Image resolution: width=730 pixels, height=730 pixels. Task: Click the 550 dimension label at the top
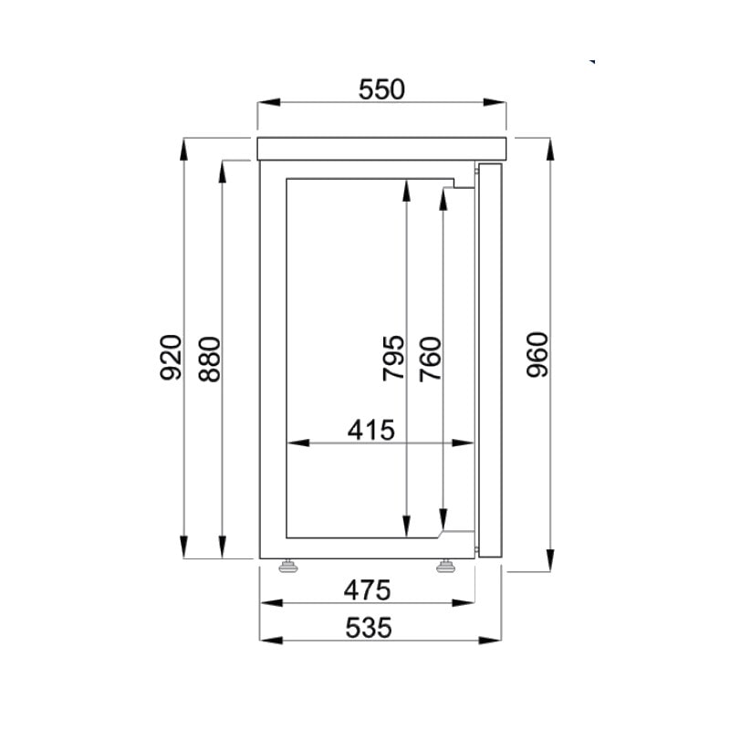[381, 89]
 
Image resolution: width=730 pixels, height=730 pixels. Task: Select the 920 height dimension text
[171, 357]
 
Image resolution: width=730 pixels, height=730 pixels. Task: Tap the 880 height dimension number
[210, 359]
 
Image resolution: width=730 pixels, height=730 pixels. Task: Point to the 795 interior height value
[393, 358]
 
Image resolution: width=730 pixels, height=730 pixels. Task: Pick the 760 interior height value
[430, 359]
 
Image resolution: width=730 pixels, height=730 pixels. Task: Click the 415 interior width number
[371, 430]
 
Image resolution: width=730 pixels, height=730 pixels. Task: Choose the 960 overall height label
[537, 354]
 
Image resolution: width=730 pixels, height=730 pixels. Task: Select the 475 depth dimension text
[368, 590]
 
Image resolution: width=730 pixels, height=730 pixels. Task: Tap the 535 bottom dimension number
[369, 628]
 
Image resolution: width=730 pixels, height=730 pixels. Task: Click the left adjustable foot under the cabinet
[288, 566]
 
